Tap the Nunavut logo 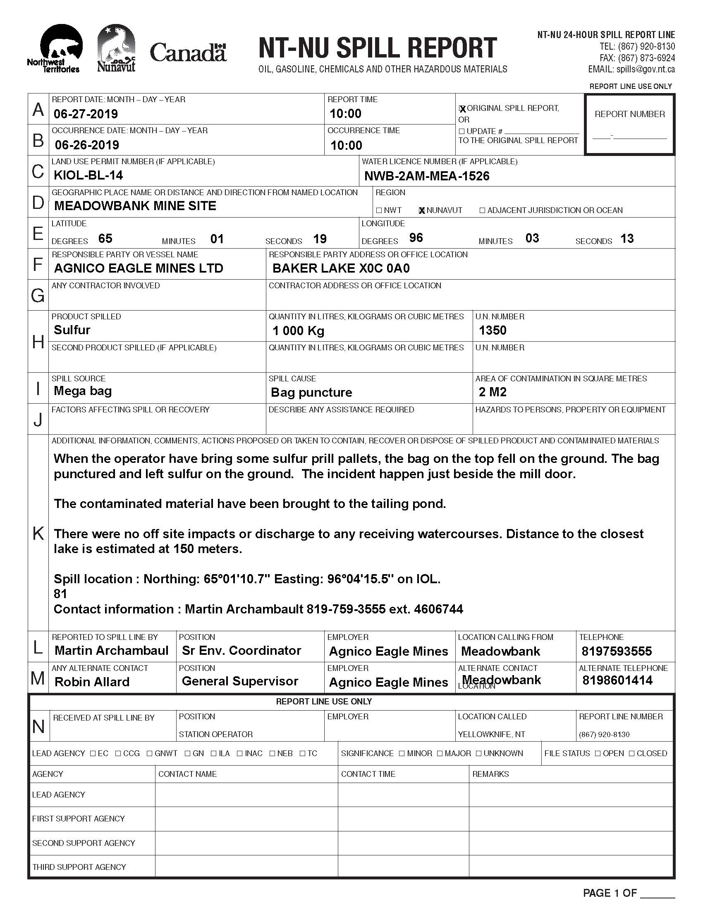point(116,48)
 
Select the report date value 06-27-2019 point(86,114)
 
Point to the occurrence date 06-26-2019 point(87,145)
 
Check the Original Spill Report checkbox point(462,109)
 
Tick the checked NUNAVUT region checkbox point(422,211)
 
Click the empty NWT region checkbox point(379,211)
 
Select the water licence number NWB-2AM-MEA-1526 point(427,176)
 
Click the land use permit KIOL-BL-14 point(88,175)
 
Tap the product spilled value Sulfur point(72,330)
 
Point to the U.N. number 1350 point(493,330)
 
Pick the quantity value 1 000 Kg point(298,331)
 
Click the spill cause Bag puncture point(311,393)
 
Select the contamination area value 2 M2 point(493,392)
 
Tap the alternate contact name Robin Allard point(92,682)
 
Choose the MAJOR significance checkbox point(440,753)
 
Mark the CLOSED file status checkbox point(632,753)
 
